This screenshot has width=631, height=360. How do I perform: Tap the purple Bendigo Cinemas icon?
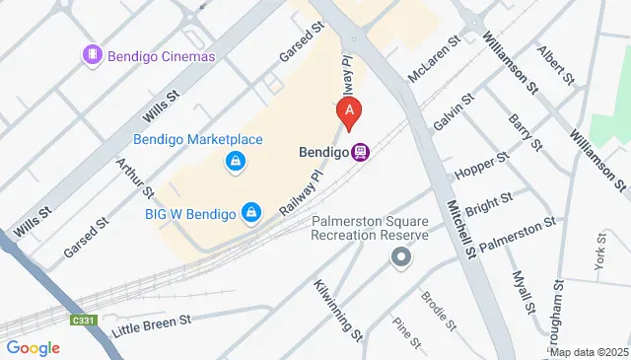[93, 55]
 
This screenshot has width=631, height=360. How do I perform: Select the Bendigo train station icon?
[362, 153]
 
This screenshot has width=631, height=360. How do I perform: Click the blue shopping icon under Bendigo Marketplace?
[236, 161]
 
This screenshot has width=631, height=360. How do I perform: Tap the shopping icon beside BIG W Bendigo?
[252, 212]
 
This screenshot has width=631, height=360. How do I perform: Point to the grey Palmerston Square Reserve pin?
[400, 258]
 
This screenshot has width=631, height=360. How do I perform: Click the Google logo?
[33, 347]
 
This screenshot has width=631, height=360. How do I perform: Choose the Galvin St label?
[454, 110]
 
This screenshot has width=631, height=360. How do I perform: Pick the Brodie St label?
[438, 310]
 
